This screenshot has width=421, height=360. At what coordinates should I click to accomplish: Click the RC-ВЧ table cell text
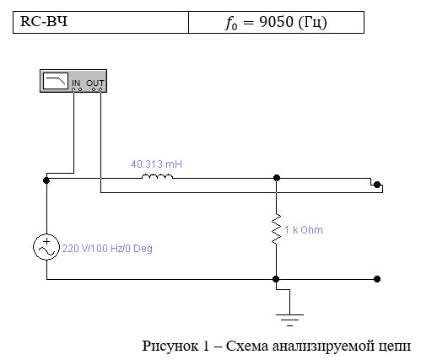44,21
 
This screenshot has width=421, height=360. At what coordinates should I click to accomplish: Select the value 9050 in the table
276,22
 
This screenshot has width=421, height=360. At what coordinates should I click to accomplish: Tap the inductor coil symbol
157,176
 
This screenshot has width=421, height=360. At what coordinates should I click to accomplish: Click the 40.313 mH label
157,164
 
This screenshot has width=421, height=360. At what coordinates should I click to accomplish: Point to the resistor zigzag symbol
276,228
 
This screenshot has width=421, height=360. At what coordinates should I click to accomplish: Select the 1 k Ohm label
304,230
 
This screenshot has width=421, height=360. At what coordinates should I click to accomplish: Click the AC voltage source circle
46,247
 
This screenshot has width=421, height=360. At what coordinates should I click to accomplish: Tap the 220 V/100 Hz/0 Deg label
107,249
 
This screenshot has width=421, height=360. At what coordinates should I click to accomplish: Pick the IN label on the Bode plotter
76,83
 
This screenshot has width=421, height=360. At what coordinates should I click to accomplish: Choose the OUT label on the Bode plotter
95,83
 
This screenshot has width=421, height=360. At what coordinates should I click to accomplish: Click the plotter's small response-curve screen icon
56,81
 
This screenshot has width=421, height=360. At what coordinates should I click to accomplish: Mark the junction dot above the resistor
277,178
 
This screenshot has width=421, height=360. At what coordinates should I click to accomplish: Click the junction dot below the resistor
276,279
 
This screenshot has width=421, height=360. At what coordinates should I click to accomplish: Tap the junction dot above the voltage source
46,180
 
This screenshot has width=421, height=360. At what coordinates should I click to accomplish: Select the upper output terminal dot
377,185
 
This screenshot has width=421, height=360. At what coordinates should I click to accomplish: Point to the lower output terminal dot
377,279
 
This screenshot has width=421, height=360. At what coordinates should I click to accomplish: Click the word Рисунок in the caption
171,346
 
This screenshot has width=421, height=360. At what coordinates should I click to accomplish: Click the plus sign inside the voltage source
46,241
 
